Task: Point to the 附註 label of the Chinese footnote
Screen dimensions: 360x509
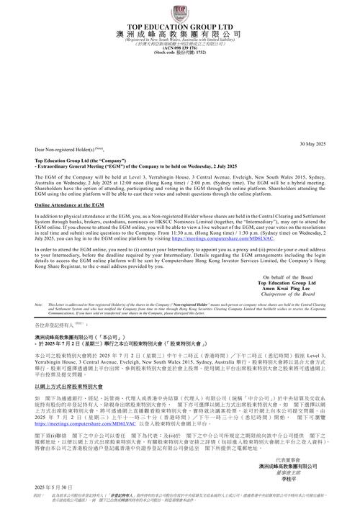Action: point(40,495)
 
